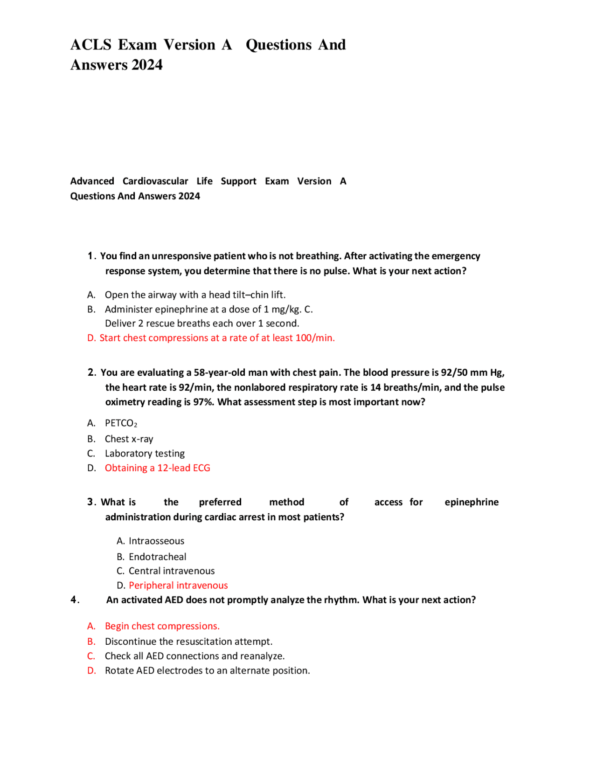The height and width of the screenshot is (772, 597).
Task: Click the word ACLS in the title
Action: pos(91,45)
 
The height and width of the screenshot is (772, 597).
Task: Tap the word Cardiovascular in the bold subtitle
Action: pos(155,181)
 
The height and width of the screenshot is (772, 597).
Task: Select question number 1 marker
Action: pos(91,256)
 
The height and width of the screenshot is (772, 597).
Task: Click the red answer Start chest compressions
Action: pos(217,338)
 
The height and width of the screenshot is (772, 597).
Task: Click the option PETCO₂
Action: pos(121,423)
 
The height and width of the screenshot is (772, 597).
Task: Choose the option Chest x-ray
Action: pos(129,439)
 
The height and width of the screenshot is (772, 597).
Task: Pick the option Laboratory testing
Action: pos(145,454)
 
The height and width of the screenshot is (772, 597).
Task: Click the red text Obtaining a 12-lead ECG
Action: pos(157,468)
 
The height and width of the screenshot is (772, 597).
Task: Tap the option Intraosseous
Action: pos(156,541)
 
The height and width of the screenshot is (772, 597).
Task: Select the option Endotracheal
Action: pos(157,557)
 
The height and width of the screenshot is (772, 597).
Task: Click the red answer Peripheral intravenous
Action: pos(178,586)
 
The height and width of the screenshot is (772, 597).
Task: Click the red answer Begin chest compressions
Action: pos(162,626)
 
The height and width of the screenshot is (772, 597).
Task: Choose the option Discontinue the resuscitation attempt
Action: pos(188,642)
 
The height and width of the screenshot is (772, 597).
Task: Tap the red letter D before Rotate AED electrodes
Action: pos(91,671)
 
